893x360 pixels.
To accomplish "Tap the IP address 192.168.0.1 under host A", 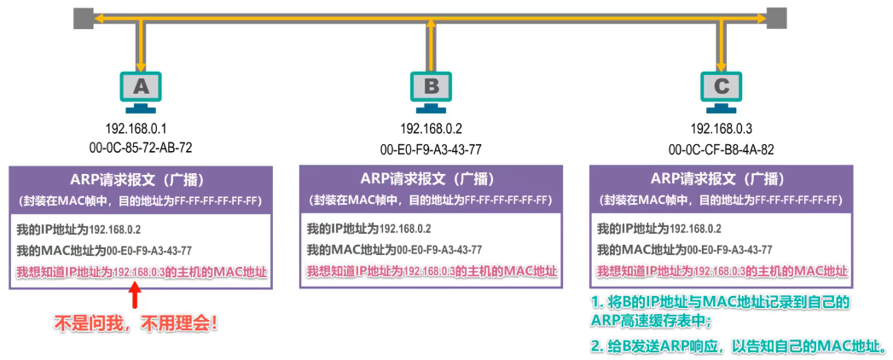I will (x=140, y=129).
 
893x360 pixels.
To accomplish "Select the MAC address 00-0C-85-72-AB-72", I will (x=140, y=147).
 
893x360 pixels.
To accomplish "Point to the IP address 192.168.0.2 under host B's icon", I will (x=431, y=129).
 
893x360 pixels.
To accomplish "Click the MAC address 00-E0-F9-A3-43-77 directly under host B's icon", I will (x=431, y=148).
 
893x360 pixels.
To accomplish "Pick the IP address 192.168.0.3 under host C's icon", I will (x=722, y=129).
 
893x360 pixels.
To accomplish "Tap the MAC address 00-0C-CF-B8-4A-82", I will (x=722, y=148).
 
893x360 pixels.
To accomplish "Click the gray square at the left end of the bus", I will (x=83, y=17).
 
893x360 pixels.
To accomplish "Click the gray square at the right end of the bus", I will (x=776, y=17).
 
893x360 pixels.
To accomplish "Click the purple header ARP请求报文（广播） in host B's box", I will (x=432, y=178).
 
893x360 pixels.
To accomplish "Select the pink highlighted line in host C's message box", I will (x=722, y=271).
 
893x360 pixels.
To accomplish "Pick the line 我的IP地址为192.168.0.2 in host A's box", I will (x=78, y=229).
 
